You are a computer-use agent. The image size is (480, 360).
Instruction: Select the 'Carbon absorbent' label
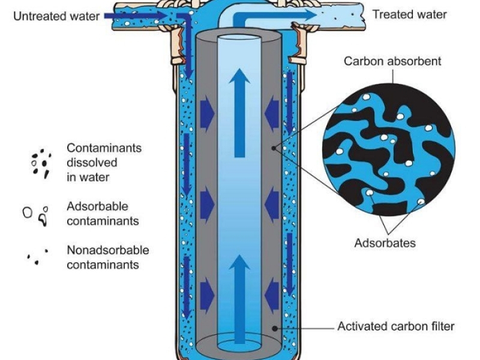(x=392, y=62)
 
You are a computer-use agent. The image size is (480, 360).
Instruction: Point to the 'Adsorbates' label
(x=385, y=243)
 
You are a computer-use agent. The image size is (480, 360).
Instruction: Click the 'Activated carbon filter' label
(x=395, y=327)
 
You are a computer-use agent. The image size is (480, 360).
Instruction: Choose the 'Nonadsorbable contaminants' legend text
(x=107, y=257)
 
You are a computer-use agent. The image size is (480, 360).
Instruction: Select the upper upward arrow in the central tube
(x=239, y=111)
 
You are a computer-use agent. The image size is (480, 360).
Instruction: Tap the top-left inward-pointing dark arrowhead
(x=208, y=110)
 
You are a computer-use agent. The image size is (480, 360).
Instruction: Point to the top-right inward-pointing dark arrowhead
(x=271, y=110)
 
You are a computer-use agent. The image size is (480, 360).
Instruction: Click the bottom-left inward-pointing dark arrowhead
(x=208, y=294)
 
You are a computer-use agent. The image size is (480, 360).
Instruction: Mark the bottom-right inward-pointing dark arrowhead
(x=271, y=294)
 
